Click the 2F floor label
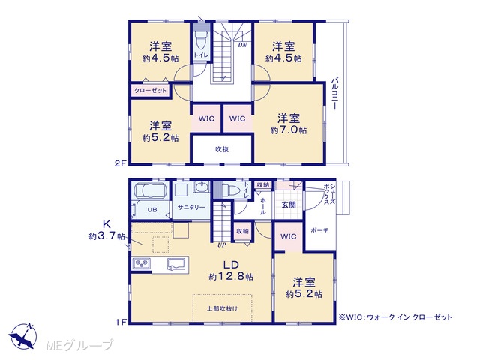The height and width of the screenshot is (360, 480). point(120,163)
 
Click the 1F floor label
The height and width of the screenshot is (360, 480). point(121,322)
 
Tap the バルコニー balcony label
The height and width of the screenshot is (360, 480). point(335,93)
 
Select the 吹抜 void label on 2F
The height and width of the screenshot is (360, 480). point(222,149)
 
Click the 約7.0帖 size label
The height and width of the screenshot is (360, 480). point(288,130)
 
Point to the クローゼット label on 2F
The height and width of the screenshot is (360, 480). point(150,91)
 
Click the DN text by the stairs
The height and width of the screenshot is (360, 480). point(242,45)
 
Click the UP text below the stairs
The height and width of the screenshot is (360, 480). point(222,245)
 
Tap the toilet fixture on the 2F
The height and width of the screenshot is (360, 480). point(201,39)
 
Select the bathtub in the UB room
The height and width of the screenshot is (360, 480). point(150,191)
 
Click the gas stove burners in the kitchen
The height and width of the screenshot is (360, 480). point(141,263)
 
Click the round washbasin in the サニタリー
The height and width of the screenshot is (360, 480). point(202,187)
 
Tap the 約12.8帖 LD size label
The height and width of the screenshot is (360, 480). point(231,277)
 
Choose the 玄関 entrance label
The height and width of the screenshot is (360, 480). point(289,205)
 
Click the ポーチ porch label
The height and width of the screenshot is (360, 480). point(319,230)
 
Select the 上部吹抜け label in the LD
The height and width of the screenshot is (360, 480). point(222,308)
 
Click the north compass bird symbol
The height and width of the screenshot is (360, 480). point(22,336)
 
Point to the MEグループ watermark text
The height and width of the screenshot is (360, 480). point(79,345)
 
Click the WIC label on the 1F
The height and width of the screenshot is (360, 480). point(288,236)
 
